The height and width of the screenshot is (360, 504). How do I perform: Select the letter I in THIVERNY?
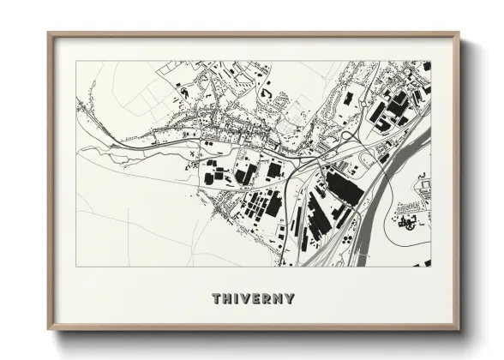point(237,299)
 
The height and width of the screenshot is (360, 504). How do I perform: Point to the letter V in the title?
point(247,299)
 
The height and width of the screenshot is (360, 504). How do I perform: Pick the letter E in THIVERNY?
point(258,299)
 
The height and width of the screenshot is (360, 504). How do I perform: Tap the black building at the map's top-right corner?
point(427,66)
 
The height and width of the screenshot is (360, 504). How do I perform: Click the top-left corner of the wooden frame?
point(48,33)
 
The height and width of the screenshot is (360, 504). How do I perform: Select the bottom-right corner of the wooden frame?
point(459,330)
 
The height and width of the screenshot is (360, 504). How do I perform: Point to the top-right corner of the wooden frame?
point(459,33)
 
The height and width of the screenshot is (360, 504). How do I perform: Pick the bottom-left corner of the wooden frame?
point(48,330)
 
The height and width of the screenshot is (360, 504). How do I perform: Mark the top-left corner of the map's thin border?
point(76,61)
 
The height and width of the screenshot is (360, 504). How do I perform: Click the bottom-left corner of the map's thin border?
point(76,266)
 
